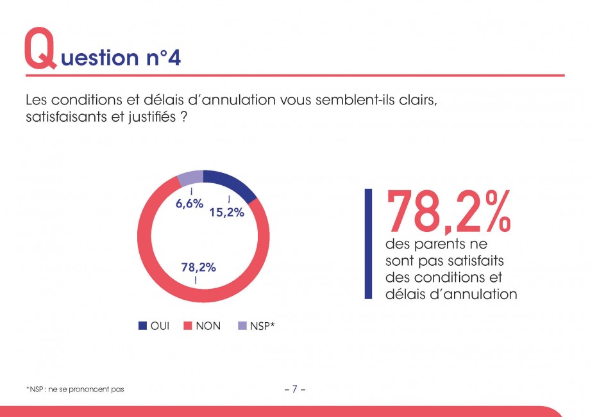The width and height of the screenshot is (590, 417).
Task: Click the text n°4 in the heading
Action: (158, 58)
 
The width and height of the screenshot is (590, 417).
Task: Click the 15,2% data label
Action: (227, 213)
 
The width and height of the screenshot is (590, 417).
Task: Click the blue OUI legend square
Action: (142, 326)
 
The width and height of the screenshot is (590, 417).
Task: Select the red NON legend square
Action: (188, 326)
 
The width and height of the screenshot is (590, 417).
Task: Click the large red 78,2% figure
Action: (448, 211)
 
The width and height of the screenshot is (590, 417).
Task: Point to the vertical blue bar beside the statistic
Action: (368, 243)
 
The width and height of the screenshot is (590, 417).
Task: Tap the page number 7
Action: (294, 389)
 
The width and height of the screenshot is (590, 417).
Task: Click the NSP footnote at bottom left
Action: (75, 389)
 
